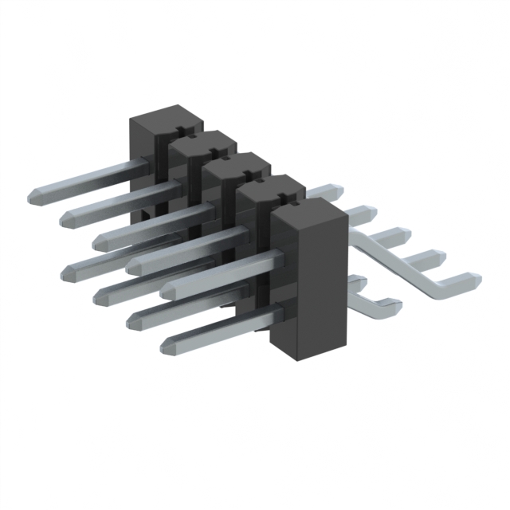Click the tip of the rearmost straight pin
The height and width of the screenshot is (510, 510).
pyautogui.click(x=33, y=194)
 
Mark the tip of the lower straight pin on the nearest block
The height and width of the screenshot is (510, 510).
pyautogui.click(x=167, y=344)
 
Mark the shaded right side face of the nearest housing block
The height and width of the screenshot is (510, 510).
pyautogui.click(x=335, y=279)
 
